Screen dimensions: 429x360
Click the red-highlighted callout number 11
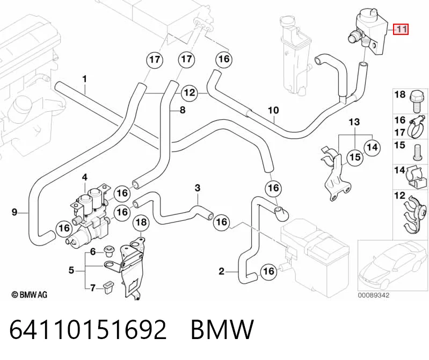click(401, 29)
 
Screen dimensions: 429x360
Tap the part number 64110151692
click(88, 329)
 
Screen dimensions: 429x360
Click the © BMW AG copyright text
click(30, 294)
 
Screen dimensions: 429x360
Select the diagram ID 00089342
click(374, 295)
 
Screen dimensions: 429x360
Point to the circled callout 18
click(141, 222)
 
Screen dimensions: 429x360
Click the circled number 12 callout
click(190, 93)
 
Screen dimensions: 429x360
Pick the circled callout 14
click(372, 147)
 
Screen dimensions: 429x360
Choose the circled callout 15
click(355, 157)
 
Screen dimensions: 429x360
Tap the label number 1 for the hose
click(85, 79)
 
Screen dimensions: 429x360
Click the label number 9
click(14, 212)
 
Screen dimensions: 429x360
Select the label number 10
click(273, 110)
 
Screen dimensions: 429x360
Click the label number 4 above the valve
click(85, 177)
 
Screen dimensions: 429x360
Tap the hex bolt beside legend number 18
click(416, 102)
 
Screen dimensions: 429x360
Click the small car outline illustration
click(392, 266)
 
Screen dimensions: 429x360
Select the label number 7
click(93, 288)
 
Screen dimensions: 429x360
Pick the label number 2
click(221, 271)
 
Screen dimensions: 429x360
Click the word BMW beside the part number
click(222, 329)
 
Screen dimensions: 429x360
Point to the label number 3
click(198, 188)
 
